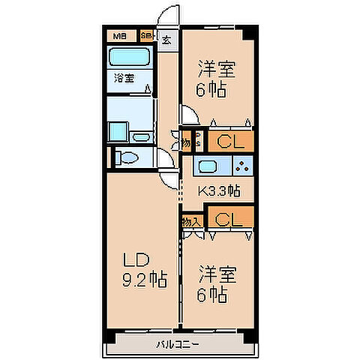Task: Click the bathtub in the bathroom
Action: click(130, 58)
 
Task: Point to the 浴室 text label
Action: click(124, 77)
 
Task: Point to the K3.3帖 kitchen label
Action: click(219, 190)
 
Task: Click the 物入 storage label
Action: click(192, 221)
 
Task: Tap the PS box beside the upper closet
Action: click(196, 139)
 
